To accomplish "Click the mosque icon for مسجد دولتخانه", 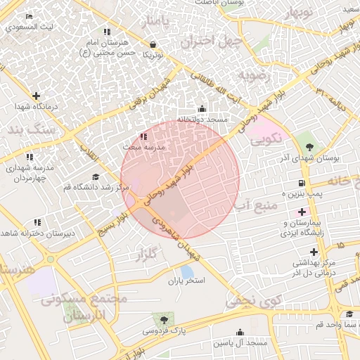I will click(x=202, y=108).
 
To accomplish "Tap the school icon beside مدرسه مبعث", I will click(x=143, y=136).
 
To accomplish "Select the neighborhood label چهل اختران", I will click(x=211, y=41).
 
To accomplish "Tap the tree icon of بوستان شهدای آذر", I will click(x=309, y=146).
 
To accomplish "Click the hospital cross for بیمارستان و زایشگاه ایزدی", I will click(x=302, y=211).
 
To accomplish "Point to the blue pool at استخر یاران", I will click(x=186, y=271).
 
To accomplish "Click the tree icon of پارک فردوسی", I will click(x=164, y=319).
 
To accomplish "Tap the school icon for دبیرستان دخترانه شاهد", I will click(x=37, y=222).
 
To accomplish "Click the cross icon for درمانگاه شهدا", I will click(x=36, y=96).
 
